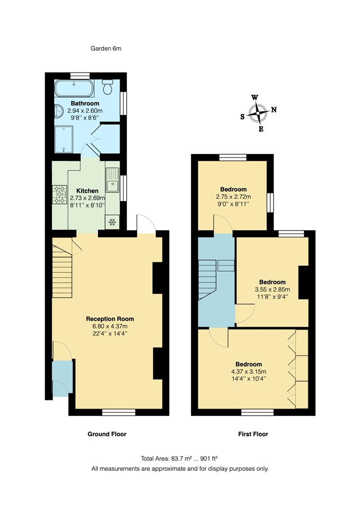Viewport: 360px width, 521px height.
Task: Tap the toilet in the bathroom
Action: click(108, 88)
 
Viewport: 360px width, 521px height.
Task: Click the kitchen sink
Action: click(112, 180)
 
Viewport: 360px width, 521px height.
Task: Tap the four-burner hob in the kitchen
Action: click(60, 194)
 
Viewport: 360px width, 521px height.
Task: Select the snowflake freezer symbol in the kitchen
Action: click(112, 222)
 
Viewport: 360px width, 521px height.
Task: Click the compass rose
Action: click(259, 113)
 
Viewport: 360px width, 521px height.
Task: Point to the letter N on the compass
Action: click(274, 110)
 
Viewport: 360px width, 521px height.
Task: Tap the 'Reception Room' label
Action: click(110, 319)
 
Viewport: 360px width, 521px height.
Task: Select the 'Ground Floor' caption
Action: click(107, 434)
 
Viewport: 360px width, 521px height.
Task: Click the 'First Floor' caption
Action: click(253, 434)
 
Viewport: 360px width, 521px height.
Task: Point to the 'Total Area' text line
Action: click(180, 458)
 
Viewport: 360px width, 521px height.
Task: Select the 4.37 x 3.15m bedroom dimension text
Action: click(249, 371)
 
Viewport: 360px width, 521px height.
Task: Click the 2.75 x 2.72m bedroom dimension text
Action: click(233, 197)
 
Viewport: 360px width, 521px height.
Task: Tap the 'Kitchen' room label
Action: click(87, 191)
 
